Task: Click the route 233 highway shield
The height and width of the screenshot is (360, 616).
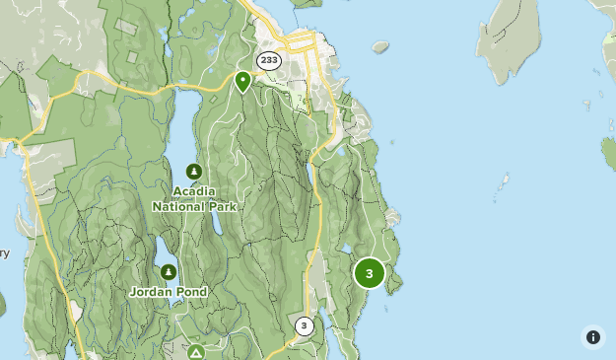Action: pyautogui.click(x=269, y=61)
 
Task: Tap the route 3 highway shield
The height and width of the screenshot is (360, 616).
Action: pyautogui.click(x=305, y=326)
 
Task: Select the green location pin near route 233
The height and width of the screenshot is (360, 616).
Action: pyautogui.click(x=243, y=81)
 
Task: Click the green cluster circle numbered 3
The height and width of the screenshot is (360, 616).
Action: pyautogui.click(x=370, y=273)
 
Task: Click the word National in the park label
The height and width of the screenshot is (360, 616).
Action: pyautogui.click(x=178, y=207)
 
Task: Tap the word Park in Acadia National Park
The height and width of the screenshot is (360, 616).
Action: pyautogui.click(x=222, y=207)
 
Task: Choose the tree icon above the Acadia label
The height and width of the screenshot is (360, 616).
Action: pyautogui.click(x=193, y=172)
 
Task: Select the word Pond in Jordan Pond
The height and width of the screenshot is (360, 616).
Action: pyautogui.click(x=191, y=292)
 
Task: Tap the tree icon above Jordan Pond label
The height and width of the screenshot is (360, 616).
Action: pyautogui.click(x=169, y=272)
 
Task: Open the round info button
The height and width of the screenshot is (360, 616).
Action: pyautogui.click(x=593, y=337)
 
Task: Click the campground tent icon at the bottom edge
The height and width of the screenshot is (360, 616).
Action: pyautogui.click(x=197, y=353)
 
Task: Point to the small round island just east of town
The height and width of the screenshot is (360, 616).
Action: pyautogui.click(x=380, y=46)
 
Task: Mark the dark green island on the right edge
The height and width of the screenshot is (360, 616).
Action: pyautogui.click(x=610, y=151)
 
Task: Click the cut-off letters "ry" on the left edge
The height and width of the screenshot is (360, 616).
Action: pyautogui.click(x=4, y=253)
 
